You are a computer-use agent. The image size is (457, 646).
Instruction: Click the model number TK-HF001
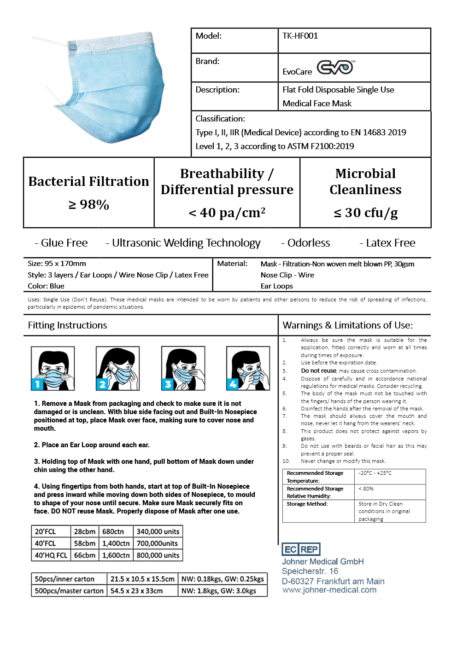[x=300, y=36]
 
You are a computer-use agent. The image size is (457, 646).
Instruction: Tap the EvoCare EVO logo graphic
[x=335, y=68]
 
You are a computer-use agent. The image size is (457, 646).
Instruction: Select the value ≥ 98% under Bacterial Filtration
[x=89, y=204]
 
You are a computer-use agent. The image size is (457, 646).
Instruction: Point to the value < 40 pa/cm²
[x=227, y=213]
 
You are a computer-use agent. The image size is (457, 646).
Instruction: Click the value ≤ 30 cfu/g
[x=365, y=213]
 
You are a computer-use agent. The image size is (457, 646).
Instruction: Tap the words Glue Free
[x=64, y=243]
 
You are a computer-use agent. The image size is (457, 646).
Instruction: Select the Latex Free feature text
[x=390, y=243]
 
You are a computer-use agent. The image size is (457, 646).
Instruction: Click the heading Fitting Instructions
[x=67, y=325]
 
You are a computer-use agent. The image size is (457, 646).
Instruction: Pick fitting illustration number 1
[x=53, y=369]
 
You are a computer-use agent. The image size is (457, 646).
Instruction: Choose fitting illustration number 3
[x=183, y=369]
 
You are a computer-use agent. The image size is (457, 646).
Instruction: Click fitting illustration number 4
[x=248, y=369]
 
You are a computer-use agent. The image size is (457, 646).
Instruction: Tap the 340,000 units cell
[x=158, y=531]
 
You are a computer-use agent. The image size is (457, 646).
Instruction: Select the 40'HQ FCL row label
[x=51, y=555]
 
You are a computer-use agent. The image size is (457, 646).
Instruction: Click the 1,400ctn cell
[x=116, y=543]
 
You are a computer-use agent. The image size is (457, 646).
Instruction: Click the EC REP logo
[x=301, y=549]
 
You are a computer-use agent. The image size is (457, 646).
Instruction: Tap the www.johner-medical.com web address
[x=329, y=590]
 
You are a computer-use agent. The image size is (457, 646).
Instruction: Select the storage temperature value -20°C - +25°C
[x=375, y=473]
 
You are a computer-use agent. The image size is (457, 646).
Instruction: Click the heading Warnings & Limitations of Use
[x=347, y=325]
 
